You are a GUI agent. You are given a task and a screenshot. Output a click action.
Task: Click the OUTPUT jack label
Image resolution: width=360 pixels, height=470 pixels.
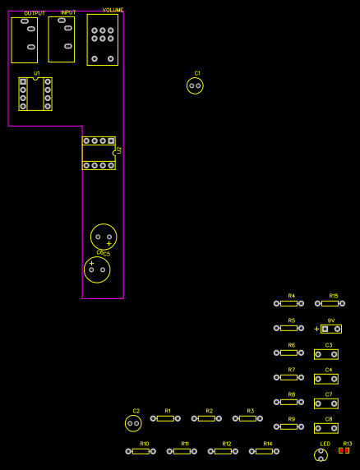click(x=35, y=13)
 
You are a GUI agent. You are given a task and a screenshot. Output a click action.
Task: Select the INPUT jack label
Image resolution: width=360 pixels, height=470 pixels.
click(x=68, y=12)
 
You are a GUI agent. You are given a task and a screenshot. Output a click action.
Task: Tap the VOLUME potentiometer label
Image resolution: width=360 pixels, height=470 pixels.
click(x=113, y=9)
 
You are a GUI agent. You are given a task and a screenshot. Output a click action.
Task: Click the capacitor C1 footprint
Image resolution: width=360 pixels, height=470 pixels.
click(x=195, y=85)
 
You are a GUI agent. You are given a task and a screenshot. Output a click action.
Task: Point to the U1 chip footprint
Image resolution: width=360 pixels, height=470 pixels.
click(x=35, y=94)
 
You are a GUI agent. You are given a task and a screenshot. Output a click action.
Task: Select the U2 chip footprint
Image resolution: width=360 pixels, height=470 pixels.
click(x=99, y=153)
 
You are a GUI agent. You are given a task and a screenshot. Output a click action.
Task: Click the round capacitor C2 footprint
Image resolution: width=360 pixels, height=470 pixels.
click(x=133, y=423)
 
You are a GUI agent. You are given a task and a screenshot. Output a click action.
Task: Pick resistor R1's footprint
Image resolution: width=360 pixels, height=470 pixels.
click(x=165, y=418)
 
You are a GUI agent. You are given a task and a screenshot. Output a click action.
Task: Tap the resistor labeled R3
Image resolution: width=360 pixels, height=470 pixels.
click(x=247, y=418)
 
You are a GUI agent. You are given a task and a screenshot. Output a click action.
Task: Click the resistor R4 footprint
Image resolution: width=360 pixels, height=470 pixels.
click(x=288, y=303)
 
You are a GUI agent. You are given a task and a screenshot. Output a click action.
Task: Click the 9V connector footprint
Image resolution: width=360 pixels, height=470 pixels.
click(x=331, y=329)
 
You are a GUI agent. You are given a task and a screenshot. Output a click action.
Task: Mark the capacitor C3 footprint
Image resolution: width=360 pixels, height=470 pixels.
click(x=326, y=354)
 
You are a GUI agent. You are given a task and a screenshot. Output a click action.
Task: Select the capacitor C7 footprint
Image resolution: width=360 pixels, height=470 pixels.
click(x=326, y=403)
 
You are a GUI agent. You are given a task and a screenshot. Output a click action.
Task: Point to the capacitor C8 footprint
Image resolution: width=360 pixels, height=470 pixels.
click(x=326, y=428)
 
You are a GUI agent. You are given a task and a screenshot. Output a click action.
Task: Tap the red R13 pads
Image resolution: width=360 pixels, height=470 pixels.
click(x=344, y=450)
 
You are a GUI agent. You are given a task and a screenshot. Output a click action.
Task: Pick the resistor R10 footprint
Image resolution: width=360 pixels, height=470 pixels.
click(x=141, y=451)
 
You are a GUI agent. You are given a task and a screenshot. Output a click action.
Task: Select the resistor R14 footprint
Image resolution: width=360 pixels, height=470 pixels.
click(x=264, y=451)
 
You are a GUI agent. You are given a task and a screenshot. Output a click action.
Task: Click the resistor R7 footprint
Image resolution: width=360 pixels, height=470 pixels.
click(x=288, y=377)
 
